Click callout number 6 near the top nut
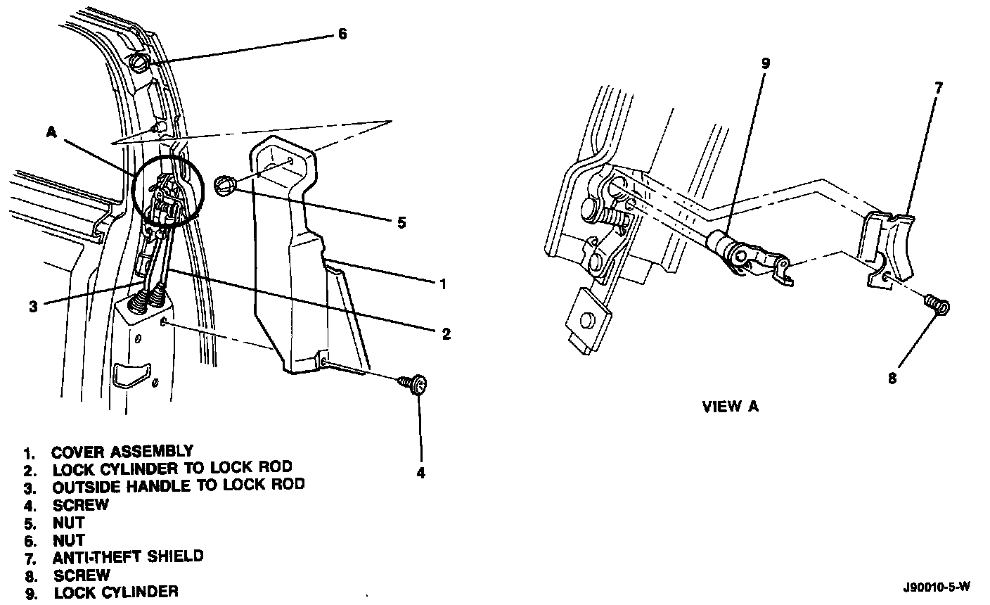[342, 34]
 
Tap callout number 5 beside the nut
[401, 223]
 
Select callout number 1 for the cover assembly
[443, 284]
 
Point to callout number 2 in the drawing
[446, 333]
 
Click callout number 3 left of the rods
[33, 306]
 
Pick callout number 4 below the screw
[420, 473]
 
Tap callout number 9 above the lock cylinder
[766, 63]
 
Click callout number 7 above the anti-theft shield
[938, 88]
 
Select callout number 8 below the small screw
[893, 378]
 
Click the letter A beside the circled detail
[51, 132]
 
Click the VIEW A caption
[731, 407]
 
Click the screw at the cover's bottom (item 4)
[416, 384]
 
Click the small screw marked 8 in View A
[937, 305]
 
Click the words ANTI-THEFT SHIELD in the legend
[128, 556]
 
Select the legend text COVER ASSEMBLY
[122, 451]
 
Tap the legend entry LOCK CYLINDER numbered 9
[115, 592]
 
